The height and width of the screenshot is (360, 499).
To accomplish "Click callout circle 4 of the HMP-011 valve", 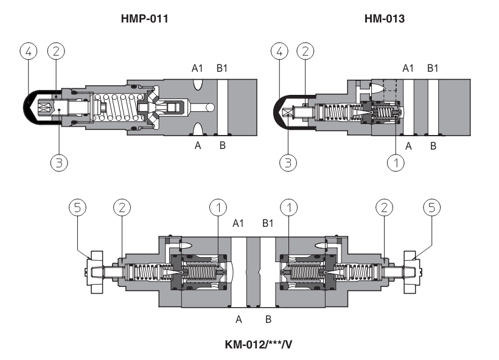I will click(26, 52).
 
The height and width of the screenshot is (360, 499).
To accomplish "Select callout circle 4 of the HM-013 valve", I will click(280, 52).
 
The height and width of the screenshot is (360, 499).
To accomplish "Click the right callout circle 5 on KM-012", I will click(431, 209).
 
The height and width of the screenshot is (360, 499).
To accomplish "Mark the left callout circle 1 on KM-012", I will click(217, 209).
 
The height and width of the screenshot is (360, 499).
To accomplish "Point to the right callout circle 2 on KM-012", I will click(384, 209).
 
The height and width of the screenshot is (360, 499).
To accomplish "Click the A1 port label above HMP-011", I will click(197, 68).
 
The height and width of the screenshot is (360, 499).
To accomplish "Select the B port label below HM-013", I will click(433, 146).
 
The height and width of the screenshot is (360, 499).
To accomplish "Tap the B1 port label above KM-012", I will click(267, 224).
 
